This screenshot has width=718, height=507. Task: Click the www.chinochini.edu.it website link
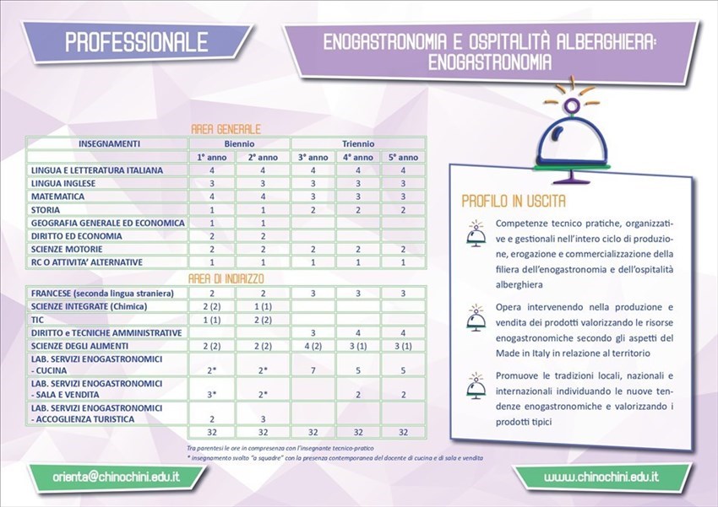coord(601,477)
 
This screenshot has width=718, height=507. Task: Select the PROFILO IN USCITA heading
coord(513,202)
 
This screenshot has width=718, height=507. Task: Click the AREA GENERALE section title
coord(224,129)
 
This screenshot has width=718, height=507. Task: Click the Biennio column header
coord(238,143)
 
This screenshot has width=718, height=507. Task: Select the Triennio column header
coord(358,143)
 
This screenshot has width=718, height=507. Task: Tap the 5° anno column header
coord(403,157)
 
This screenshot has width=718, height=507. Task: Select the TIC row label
coord(38,320)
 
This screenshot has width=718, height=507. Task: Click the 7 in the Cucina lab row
coord(313,369)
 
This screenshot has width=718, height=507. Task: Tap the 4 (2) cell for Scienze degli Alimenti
coord(313,347)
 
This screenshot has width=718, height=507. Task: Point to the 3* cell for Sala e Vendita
coord(212,394)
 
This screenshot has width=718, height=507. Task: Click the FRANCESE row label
coord(101,293)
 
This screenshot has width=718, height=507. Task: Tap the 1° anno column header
coord(213,157)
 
